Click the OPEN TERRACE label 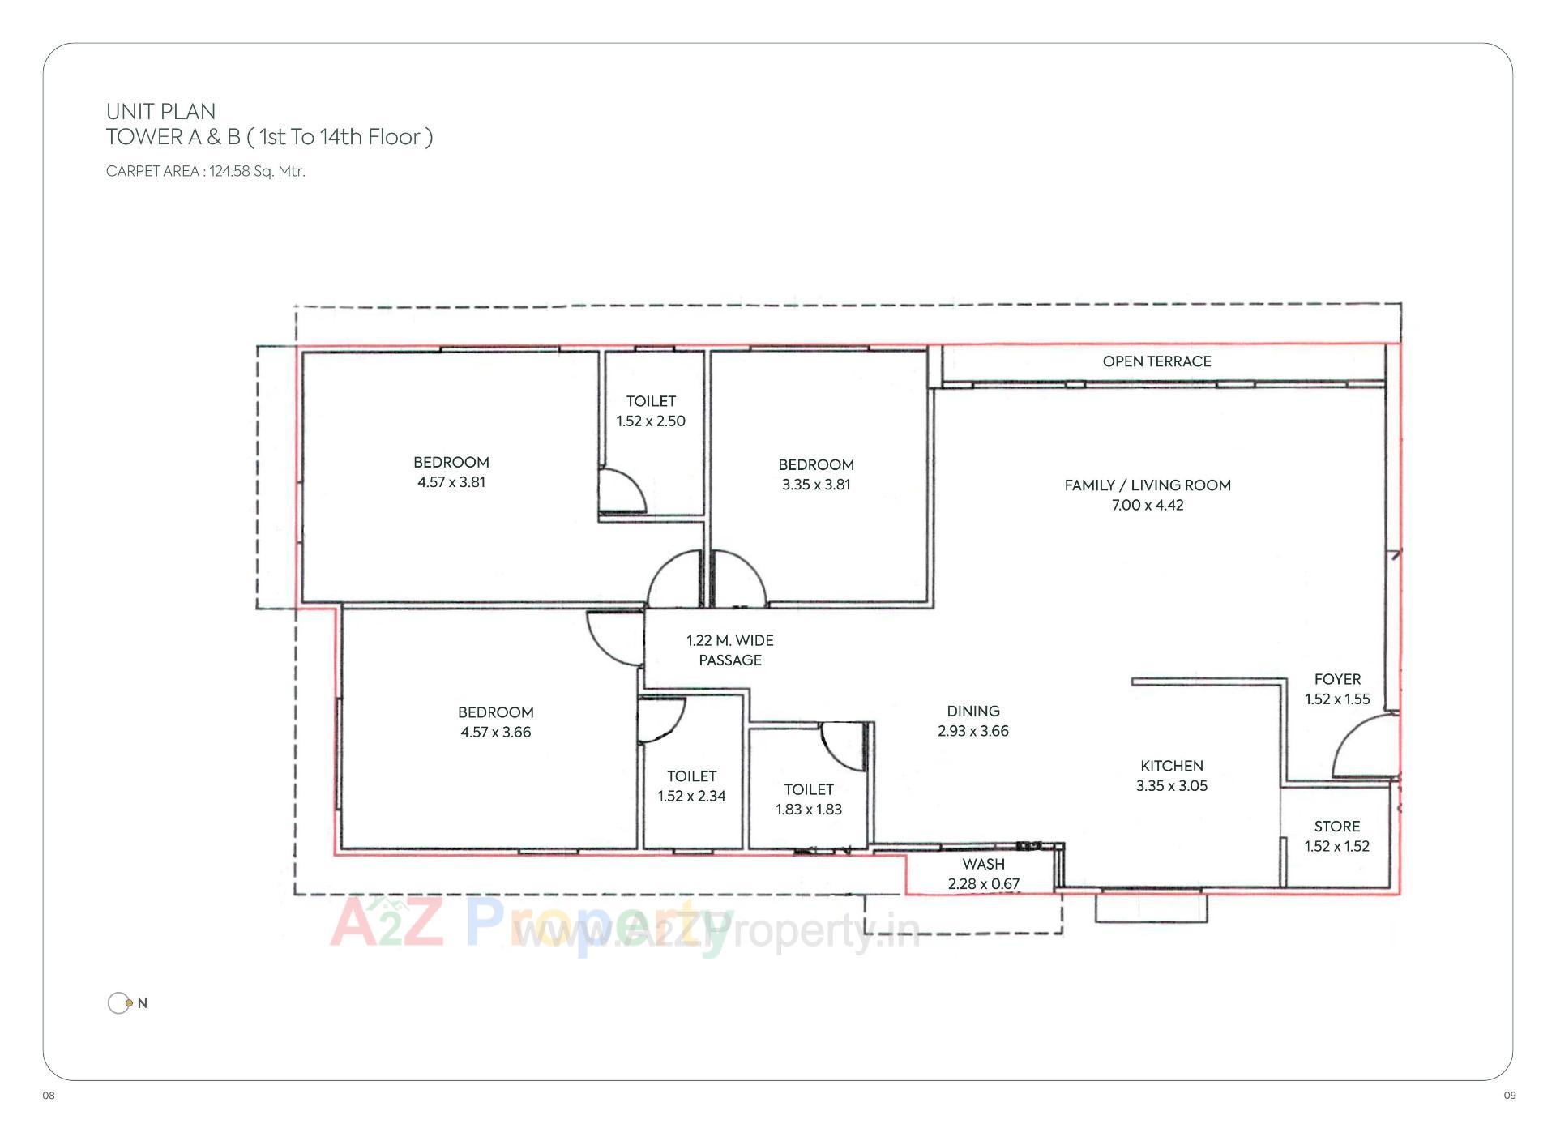(1156, 361)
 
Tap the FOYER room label (1337, 679)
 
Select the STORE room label (1336, 826)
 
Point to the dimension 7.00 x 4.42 (1147, 505)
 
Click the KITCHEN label (1171, 765)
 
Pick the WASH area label (983, 864)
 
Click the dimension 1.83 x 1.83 (808, 809)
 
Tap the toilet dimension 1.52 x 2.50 (650, 421)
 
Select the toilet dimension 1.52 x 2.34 (691, 796)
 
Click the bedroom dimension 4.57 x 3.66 (495, 732)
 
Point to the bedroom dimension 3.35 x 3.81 (815, 484)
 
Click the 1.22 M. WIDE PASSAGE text (729, 650)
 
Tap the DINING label (972, 711)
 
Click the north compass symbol (120, 1003)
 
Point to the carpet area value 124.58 (229, 171)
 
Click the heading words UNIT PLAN (160, 111)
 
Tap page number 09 (1509, 1095)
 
